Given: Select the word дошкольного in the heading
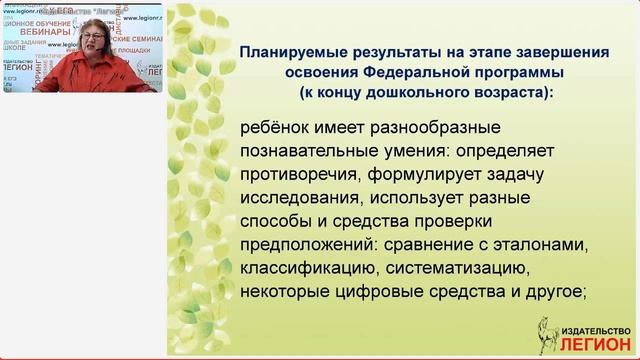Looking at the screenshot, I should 410,92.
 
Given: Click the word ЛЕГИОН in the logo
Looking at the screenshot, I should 579,343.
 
